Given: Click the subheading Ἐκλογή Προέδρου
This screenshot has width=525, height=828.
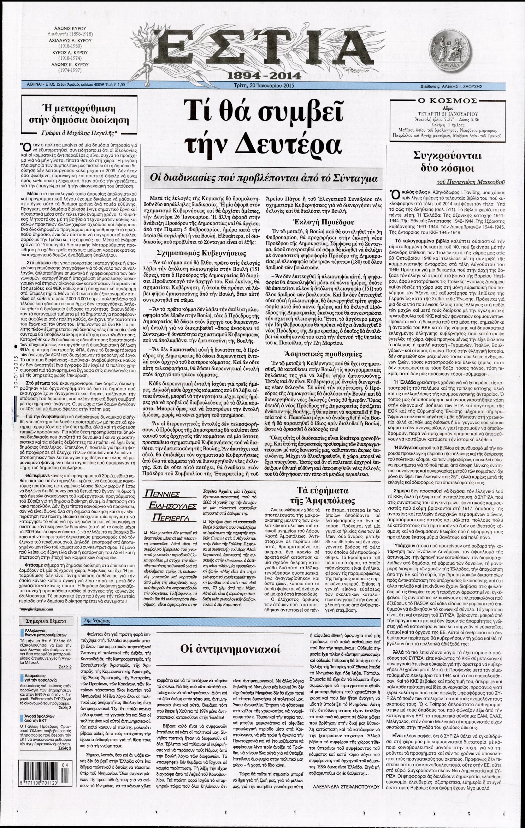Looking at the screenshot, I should (323, 222).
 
